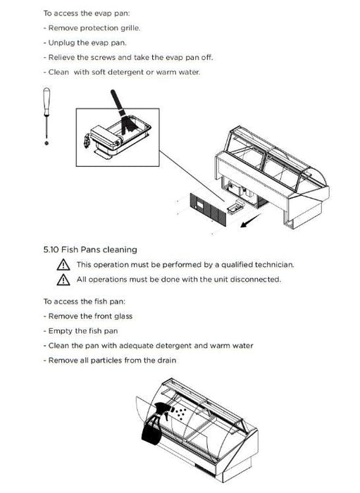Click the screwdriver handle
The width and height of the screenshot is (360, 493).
coord(46,101)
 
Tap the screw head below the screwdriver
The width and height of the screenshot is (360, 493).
coord(46,143)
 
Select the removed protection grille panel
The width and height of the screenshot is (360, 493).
coord(208,209)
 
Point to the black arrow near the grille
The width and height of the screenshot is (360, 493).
coord(251,220)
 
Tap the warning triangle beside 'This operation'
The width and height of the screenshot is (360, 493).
coord(63,265)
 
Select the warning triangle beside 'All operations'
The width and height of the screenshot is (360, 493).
coord(63,280)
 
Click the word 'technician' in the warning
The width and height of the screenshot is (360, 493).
coord(274,265)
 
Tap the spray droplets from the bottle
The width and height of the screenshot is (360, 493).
coord(180,413)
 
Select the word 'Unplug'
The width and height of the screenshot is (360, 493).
coord(61,43)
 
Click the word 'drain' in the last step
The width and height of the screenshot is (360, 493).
coord(166,361)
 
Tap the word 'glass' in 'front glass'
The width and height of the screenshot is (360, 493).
coord(123,316)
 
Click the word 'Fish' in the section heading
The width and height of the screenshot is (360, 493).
coord(70,250)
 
